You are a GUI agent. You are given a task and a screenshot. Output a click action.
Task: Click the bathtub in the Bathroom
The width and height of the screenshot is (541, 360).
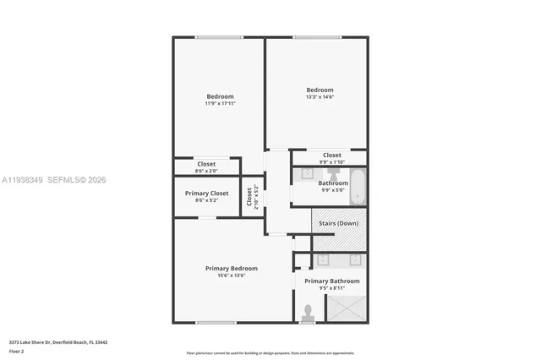(x=358, y=187)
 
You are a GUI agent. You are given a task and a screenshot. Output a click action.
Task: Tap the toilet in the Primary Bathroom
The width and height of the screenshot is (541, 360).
(x=307, y=313)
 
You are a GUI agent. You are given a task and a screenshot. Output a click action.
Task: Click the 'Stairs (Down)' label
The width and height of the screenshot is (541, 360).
(x=340, y=223)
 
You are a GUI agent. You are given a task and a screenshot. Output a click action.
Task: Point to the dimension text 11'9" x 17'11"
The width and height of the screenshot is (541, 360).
(x=220, y=104)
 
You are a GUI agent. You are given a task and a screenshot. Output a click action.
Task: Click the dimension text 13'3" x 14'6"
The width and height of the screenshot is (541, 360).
(x=320, y=97)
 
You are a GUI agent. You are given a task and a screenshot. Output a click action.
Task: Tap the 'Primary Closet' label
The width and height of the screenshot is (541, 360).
(x=206, y=194)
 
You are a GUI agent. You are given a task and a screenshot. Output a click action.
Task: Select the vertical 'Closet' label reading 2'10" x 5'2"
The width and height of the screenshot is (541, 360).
(x=249, y=196)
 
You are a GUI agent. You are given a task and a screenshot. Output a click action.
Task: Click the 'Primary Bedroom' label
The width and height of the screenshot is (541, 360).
(x=231, y=268)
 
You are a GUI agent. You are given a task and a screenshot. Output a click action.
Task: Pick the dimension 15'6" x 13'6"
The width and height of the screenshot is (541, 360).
(x=231, y=275)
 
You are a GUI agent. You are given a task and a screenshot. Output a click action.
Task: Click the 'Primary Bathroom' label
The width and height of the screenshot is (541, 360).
(x=331, y=281)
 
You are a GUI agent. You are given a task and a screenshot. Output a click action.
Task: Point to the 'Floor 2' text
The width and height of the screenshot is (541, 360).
(x=17, y=351)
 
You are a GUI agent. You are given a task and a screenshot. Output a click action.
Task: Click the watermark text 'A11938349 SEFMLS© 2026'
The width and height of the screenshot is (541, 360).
(x=54, y=179)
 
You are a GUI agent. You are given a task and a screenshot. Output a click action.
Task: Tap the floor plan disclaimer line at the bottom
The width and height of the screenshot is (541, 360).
(x=270, y=352)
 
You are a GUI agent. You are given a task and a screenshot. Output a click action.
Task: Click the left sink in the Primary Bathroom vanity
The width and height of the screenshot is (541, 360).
(x=323, y=259)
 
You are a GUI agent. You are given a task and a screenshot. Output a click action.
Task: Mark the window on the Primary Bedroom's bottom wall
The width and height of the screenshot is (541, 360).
(x=216, y=322)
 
